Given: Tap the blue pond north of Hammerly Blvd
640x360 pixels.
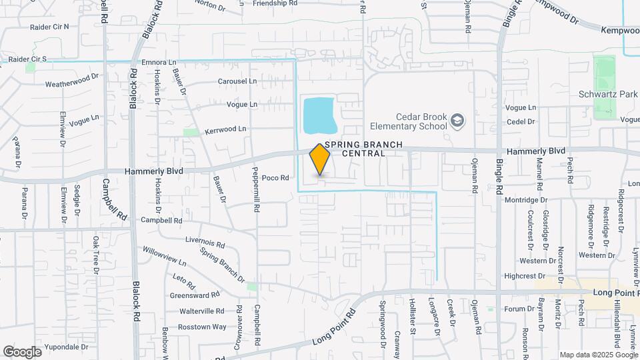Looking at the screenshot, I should coord(319,115).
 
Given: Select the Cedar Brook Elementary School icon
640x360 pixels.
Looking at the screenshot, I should coord(457,120).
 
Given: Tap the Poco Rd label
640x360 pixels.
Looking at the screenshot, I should coord(275,178).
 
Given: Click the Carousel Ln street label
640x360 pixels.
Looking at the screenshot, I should coord(237,81).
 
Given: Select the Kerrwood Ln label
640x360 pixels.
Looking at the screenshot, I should coord(226,129).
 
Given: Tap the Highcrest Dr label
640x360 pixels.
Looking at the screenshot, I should coord(525,275).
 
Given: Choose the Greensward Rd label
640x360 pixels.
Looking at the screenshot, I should coord(195,295).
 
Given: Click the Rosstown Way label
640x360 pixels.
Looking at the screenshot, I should coord(202,327).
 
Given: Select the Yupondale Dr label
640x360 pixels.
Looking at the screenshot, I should coord(63,347).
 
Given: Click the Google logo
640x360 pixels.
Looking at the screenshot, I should coord(22,351).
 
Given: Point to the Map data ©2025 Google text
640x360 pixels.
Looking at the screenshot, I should coord(597,355).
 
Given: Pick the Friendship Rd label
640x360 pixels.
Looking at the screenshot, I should coord(275,3).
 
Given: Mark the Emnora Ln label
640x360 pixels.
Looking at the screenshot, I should coord(159,62).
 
